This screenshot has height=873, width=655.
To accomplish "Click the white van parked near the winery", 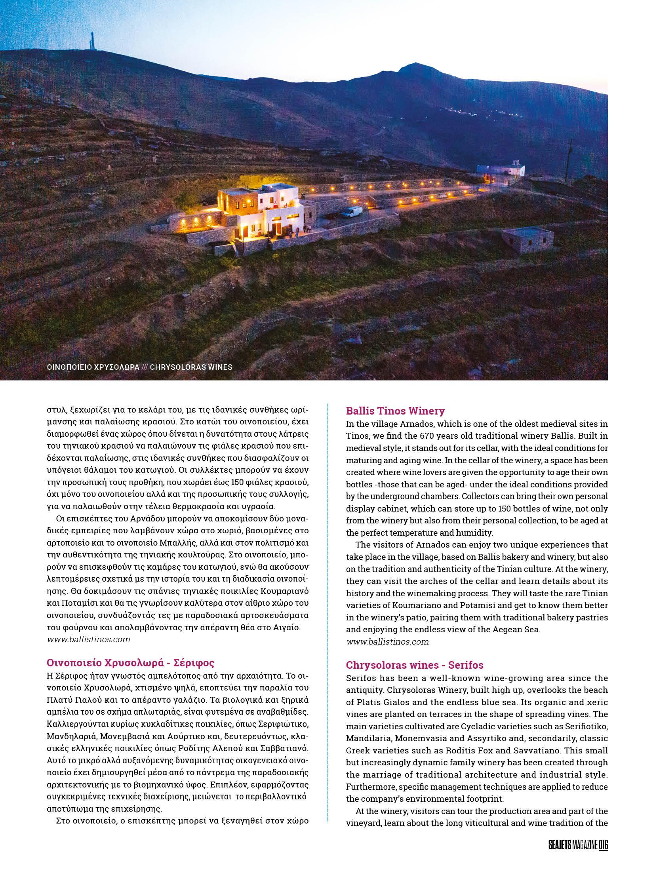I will point(351,212).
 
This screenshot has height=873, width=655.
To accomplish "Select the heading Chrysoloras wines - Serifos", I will point(415,664).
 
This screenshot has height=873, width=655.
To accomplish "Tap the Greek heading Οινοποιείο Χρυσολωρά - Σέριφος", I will point(131,662).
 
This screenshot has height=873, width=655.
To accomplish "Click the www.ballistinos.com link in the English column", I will point(387,641).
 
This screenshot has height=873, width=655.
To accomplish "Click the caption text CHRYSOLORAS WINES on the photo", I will point(191,367).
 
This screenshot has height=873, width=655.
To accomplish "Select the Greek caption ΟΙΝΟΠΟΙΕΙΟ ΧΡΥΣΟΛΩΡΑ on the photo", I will point(93,367).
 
